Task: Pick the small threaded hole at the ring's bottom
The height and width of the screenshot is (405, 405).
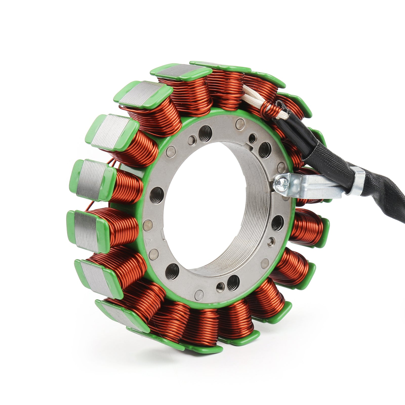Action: pyautogui.click(x=220, y=287)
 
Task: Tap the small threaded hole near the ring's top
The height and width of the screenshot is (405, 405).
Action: pyautogui.click(x=252, y=138)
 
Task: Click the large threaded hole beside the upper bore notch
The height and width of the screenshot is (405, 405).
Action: pyautogui.click(x=265, y=147)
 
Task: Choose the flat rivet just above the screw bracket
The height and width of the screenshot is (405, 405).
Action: pyautogui.click(x=281, y=167)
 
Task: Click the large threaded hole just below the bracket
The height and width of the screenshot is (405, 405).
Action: pyautogui.click(x=278, y=223)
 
